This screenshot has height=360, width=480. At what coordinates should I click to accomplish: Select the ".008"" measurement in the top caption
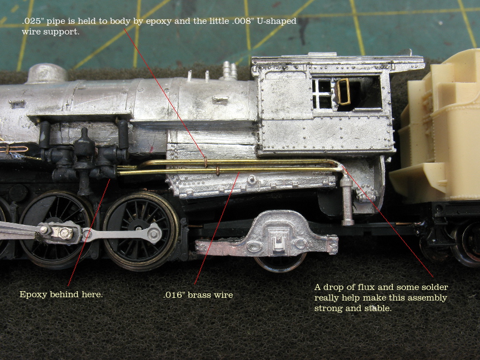241,21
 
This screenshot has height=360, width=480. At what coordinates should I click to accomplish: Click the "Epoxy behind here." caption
61,294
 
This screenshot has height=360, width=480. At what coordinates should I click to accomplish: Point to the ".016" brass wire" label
198,295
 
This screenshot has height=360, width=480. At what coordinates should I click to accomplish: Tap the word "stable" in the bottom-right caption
379,308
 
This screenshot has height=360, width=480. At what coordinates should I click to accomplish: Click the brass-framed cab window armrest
343,92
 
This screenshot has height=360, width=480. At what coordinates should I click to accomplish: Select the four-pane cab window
322,94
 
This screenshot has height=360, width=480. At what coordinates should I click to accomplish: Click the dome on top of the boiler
46,73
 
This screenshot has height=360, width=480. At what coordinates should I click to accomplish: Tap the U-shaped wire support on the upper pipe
206,162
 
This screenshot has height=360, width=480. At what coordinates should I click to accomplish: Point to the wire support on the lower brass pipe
218,171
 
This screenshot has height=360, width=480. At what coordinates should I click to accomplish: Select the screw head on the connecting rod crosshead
66,233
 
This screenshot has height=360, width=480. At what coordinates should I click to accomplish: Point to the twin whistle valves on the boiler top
229,71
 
